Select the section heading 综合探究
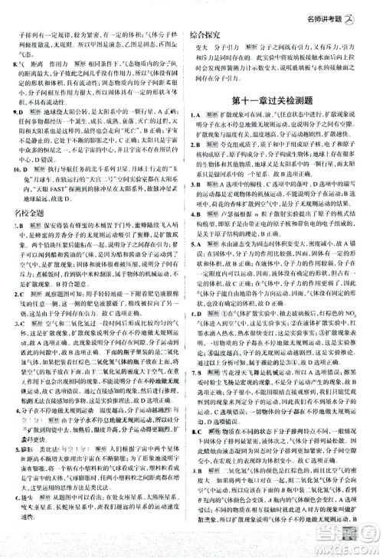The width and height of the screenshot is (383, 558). pyautogui.click(x=206, y=36)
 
